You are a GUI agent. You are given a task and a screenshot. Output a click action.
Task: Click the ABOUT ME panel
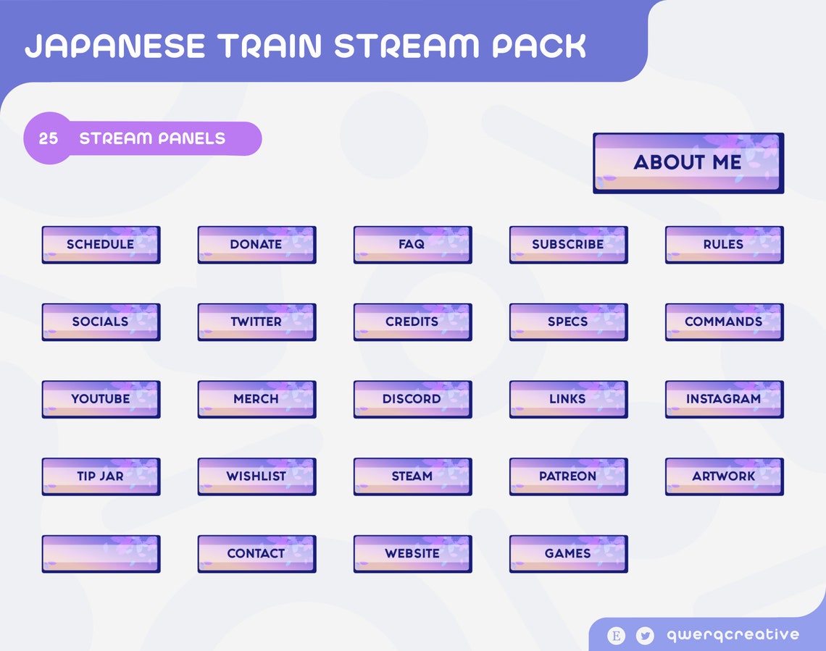tap(688, 162)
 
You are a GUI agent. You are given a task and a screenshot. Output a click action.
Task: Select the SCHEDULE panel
tap(101, 245)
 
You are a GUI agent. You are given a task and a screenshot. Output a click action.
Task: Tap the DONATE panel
tap(256, 245)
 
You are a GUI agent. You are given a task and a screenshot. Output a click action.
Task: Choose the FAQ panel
tap(412, 245)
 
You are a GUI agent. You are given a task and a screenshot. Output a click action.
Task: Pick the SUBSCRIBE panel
tap(568, 245)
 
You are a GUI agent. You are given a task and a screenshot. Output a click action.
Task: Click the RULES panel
tap(724, 245)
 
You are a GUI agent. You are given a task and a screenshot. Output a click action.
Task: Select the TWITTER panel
tap(256, 322)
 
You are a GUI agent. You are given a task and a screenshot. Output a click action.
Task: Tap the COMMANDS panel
tap(724, 322)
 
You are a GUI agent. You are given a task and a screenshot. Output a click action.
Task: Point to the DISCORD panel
tap(412, 399)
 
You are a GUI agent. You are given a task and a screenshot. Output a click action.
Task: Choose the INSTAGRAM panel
tap(724, 399)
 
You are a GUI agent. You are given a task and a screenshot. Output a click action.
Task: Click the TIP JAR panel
tap(101, 476)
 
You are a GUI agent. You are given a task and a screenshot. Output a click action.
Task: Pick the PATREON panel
tap(568, 476)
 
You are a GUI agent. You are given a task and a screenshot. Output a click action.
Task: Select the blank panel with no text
tap(101, 554)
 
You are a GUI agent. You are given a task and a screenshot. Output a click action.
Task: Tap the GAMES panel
tap(568, 554)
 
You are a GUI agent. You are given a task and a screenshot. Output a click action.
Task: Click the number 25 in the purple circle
tap(49, 138)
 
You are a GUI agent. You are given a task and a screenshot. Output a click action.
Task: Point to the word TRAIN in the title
tap(268, 46)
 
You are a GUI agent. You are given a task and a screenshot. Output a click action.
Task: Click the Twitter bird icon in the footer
tap(644, 636)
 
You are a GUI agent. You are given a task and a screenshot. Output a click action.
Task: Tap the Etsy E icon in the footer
tap(616, 636)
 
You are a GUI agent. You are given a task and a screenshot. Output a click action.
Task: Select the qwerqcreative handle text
tap(733, 635)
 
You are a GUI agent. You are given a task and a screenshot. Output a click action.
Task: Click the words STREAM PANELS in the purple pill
tap(152, 138)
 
